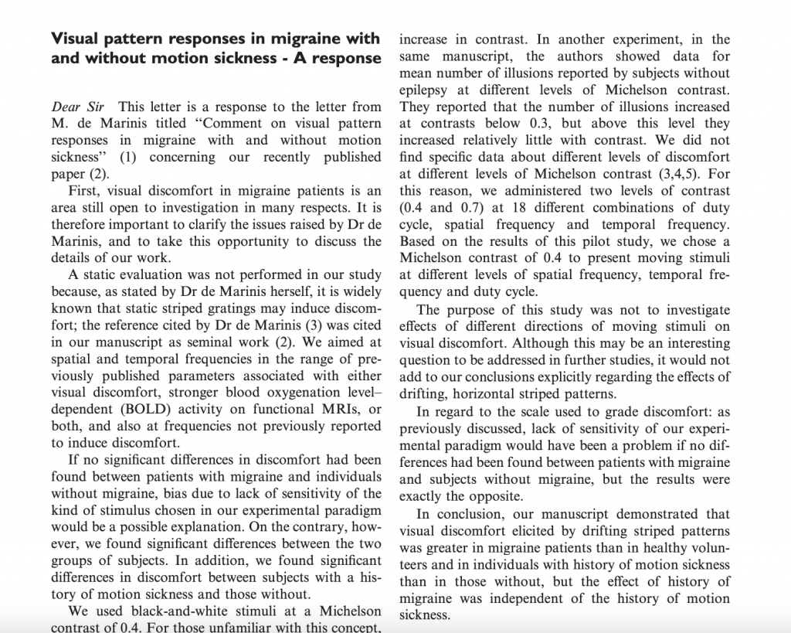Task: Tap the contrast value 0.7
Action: click(470, 207)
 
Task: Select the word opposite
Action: click(494, 497)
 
